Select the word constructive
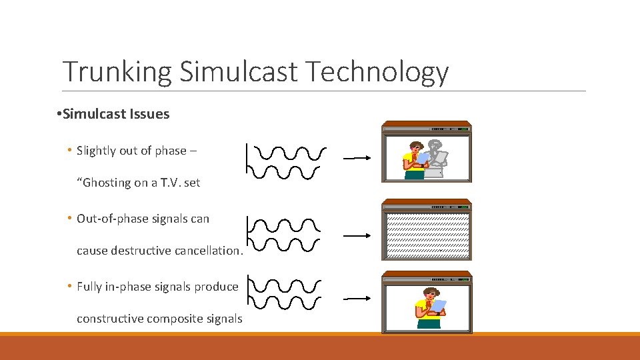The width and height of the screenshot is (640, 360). (x=111, y=319)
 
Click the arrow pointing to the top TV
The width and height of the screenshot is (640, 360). (x=356, y=159)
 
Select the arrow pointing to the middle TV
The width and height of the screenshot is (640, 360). (x=356, y=235)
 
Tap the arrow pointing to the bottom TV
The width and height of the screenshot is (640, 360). (x=356, y=299)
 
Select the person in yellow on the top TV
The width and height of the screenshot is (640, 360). (x=415, y=160)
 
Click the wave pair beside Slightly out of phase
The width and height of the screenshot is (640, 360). (x=287, y=162)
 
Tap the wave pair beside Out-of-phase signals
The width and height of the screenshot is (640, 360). (x=285, y=235)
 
